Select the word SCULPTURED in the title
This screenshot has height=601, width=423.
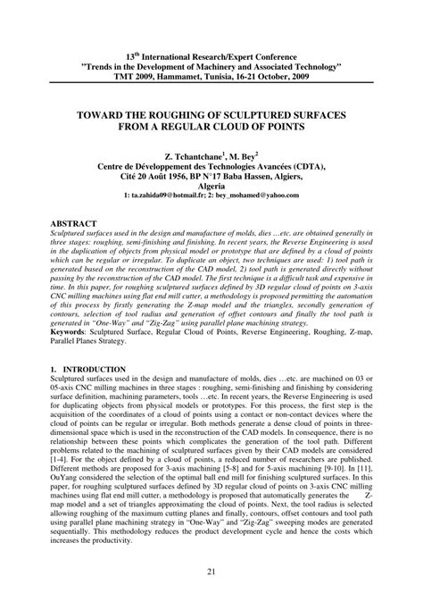tap(253, 115)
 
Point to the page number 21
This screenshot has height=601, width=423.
tap(211, 572)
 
